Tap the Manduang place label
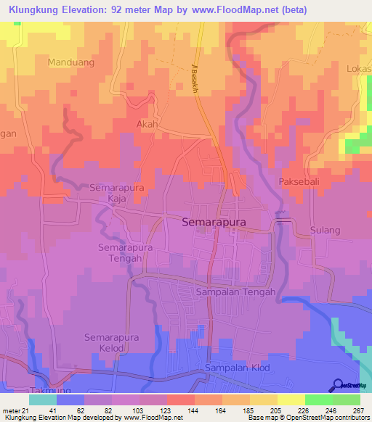click(x=71, y=63)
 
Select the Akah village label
click(x=147, y=125)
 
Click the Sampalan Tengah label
click(x=235, y=292)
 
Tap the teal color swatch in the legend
click(x=42, y=400)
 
